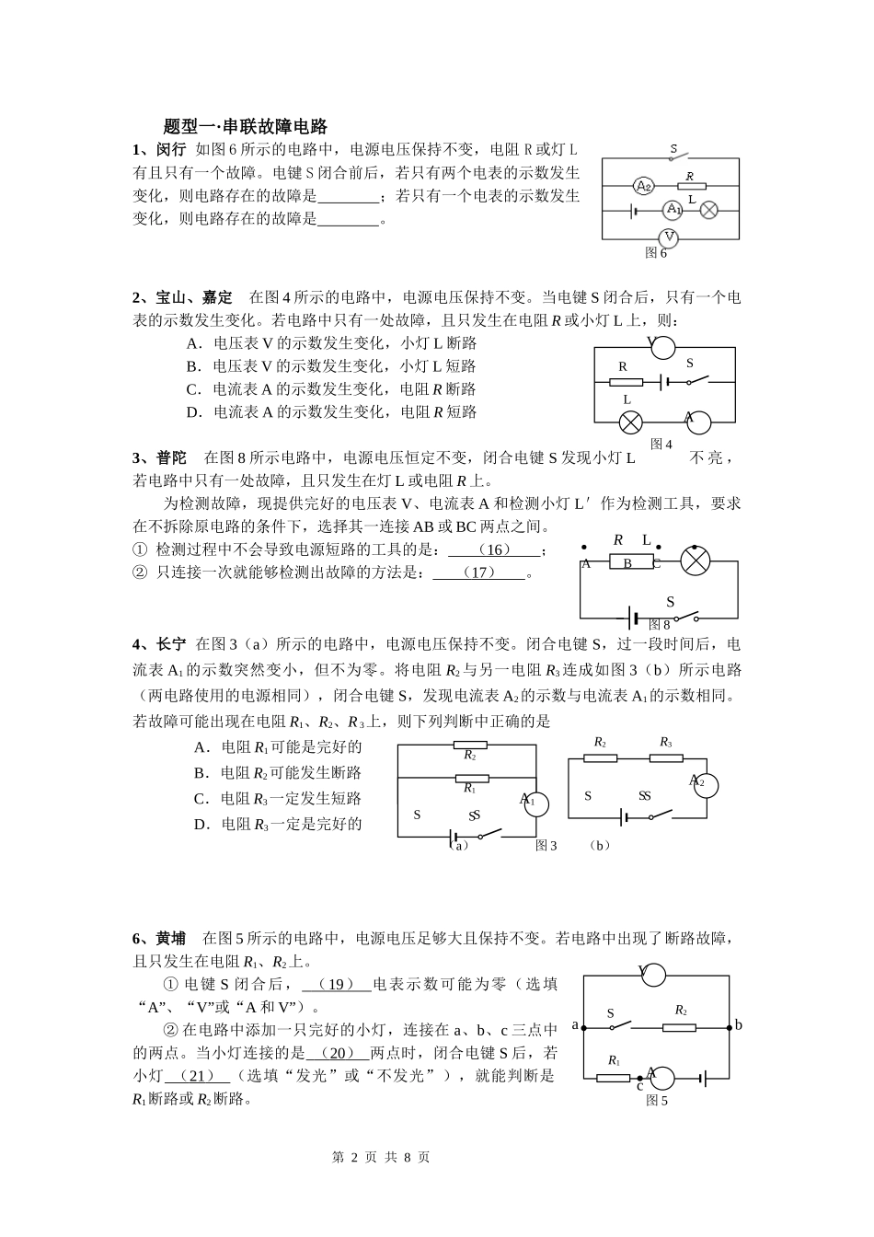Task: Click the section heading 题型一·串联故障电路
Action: coord(245,127)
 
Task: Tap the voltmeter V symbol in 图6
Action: coord(670,237)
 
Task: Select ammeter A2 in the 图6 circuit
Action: coord(644,186)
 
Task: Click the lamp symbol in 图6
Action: coord(709,210)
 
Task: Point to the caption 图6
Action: coord(656,252)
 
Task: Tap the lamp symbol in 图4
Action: coord(630,422)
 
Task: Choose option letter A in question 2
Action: coord(193,343)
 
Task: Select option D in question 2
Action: coord(193,412)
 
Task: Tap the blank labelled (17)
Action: coord(479,572)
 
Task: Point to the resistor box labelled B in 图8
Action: coord(627,563)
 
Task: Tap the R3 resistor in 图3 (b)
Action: coord(665,758)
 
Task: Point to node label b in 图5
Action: coord(738,1025)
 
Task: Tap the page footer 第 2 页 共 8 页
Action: coord(380,1157)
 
